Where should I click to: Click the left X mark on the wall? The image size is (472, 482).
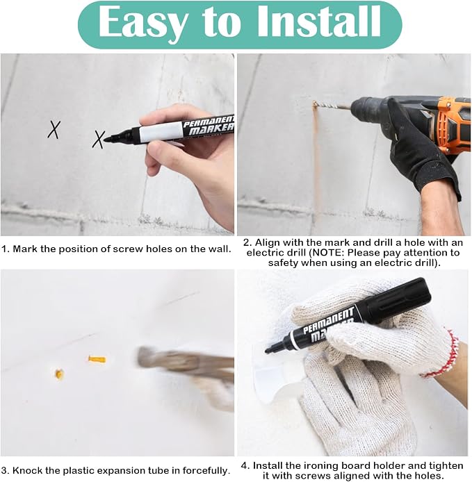(x=54, y=129)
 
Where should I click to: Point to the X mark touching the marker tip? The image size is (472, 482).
(x=99, y=140)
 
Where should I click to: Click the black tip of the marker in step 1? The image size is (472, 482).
(x=107, y=140)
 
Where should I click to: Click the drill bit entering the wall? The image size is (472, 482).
(x=332, y=106)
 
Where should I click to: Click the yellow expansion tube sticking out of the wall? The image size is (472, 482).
(x=97, y=359)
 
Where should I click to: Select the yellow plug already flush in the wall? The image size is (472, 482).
(x=59, y=374)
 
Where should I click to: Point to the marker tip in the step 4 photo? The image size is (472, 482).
(x=268, y=350)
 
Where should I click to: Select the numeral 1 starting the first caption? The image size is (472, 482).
(x=3, y=249)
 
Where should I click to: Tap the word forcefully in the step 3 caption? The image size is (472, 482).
(x=206, y=470)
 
